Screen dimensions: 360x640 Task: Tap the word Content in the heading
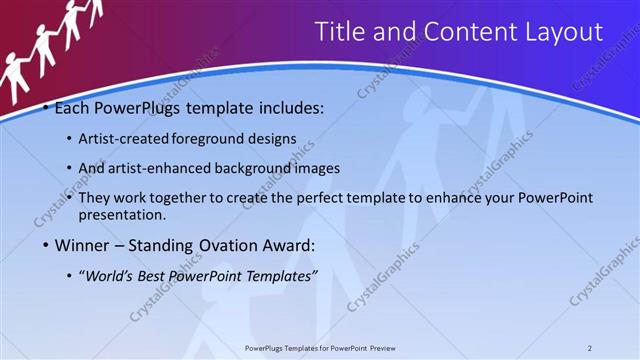coord(465,32)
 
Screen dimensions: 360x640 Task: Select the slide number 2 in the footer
coord(590,347)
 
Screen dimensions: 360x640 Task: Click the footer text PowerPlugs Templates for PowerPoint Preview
coord(320,347)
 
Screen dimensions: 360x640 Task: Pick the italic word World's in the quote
coord(111,275)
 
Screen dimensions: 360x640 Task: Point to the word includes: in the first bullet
coord(289,108)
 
